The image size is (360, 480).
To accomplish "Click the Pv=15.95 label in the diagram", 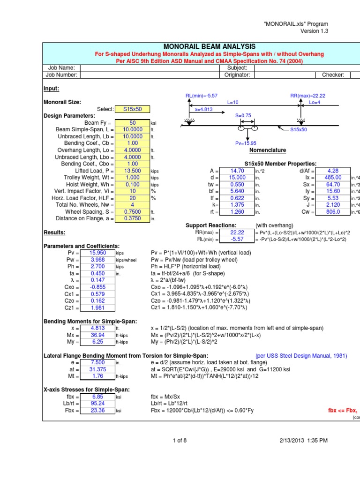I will point(246,143).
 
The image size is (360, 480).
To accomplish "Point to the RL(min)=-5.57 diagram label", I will point(202,96).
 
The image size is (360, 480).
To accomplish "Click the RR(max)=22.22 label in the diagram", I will point(308,96).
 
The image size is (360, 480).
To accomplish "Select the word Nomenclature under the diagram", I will point(267,150).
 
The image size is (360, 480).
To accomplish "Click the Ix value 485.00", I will point(333,178).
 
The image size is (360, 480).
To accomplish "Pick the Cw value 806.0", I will point(333,211).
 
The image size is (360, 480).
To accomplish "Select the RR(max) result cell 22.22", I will point(237,232).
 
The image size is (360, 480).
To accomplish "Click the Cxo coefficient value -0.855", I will point(97,286).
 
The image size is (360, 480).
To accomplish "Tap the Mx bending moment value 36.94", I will point(97,336).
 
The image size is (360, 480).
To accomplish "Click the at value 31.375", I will point(97,370).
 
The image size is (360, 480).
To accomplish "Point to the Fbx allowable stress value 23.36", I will point(97,410).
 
